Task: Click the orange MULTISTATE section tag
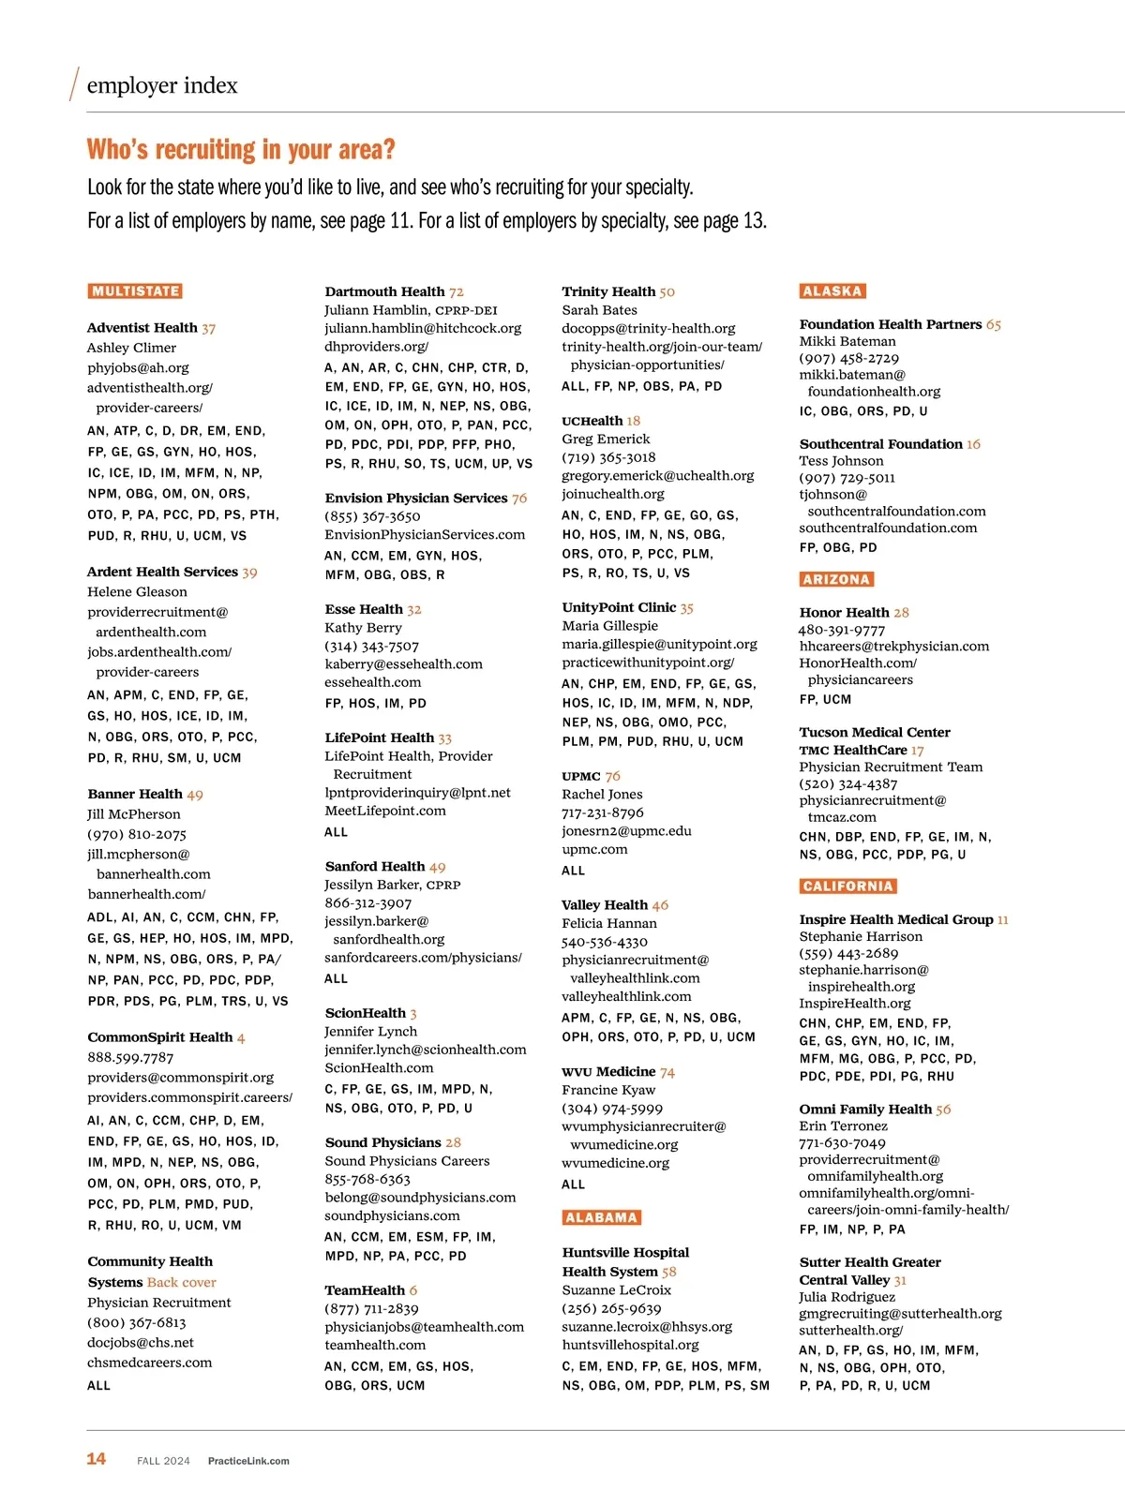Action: (x=135, y=291)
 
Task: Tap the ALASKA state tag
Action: (x=832, y=291)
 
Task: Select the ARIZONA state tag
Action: (x=835, y=579)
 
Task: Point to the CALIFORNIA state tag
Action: (x=847, y=887)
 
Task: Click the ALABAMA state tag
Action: (x=601, y=1217)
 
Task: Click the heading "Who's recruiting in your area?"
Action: (x=241, y=150)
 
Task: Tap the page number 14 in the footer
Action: (x=96, y=1459)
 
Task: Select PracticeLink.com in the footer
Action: (x=248, y=1461)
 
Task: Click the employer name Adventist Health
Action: (x=142, y=328)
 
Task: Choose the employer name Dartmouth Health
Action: (x=384, y=291)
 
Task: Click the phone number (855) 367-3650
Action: (x=372, y=516)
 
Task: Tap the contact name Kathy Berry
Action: (x=363, y=627)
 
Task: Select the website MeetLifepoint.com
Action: (x=385, y=811)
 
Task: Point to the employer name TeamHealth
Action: (x=365, y=1290)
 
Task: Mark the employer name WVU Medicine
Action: (x=608, y=1072)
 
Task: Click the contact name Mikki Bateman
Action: (x=847, y=341)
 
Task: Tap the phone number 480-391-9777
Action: (x=841, y=630)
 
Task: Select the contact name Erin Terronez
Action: (x=843, y=1125)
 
